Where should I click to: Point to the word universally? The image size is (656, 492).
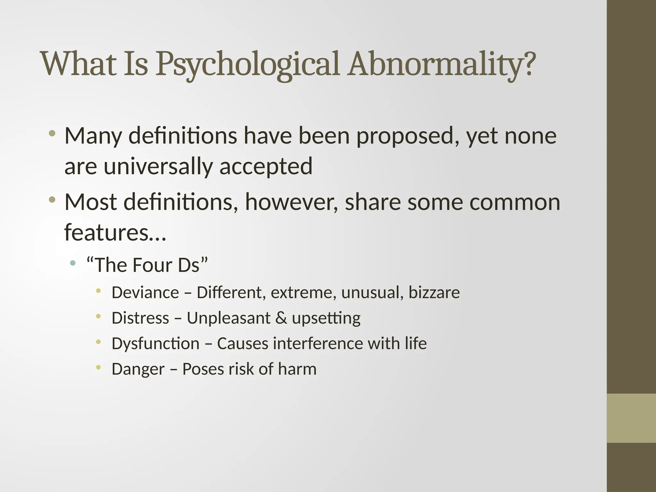(x=158, y=167)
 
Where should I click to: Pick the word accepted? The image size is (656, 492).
(x=266, y=167)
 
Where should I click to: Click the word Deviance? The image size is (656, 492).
(x=145, y=293)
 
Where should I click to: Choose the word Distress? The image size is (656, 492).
(x=140, y=318)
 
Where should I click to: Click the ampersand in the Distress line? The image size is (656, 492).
(x=281, y=318)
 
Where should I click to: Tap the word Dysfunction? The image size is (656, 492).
(x=155, y=344)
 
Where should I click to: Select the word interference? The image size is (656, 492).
(x=318, y=344)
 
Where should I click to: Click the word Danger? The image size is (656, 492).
(x=138, y=369)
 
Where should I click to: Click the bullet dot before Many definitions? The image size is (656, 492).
(x=52, y=133)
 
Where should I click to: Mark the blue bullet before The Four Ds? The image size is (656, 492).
(x=73, y=263)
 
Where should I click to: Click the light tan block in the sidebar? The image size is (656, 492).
(x=631, y=418)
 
